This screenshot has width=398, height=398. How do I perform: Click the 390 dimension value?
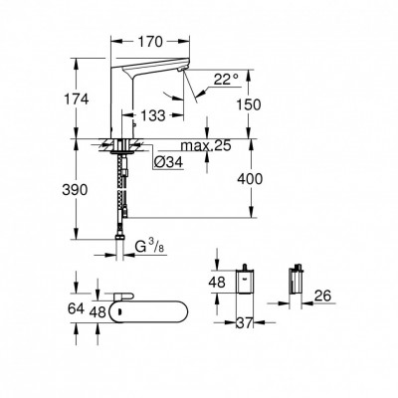[89, 188]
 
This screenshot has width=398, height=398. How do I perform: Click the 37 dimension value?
[244, 323]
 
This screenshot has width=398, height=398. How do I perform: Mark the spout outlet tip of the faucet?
[183, 71]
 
